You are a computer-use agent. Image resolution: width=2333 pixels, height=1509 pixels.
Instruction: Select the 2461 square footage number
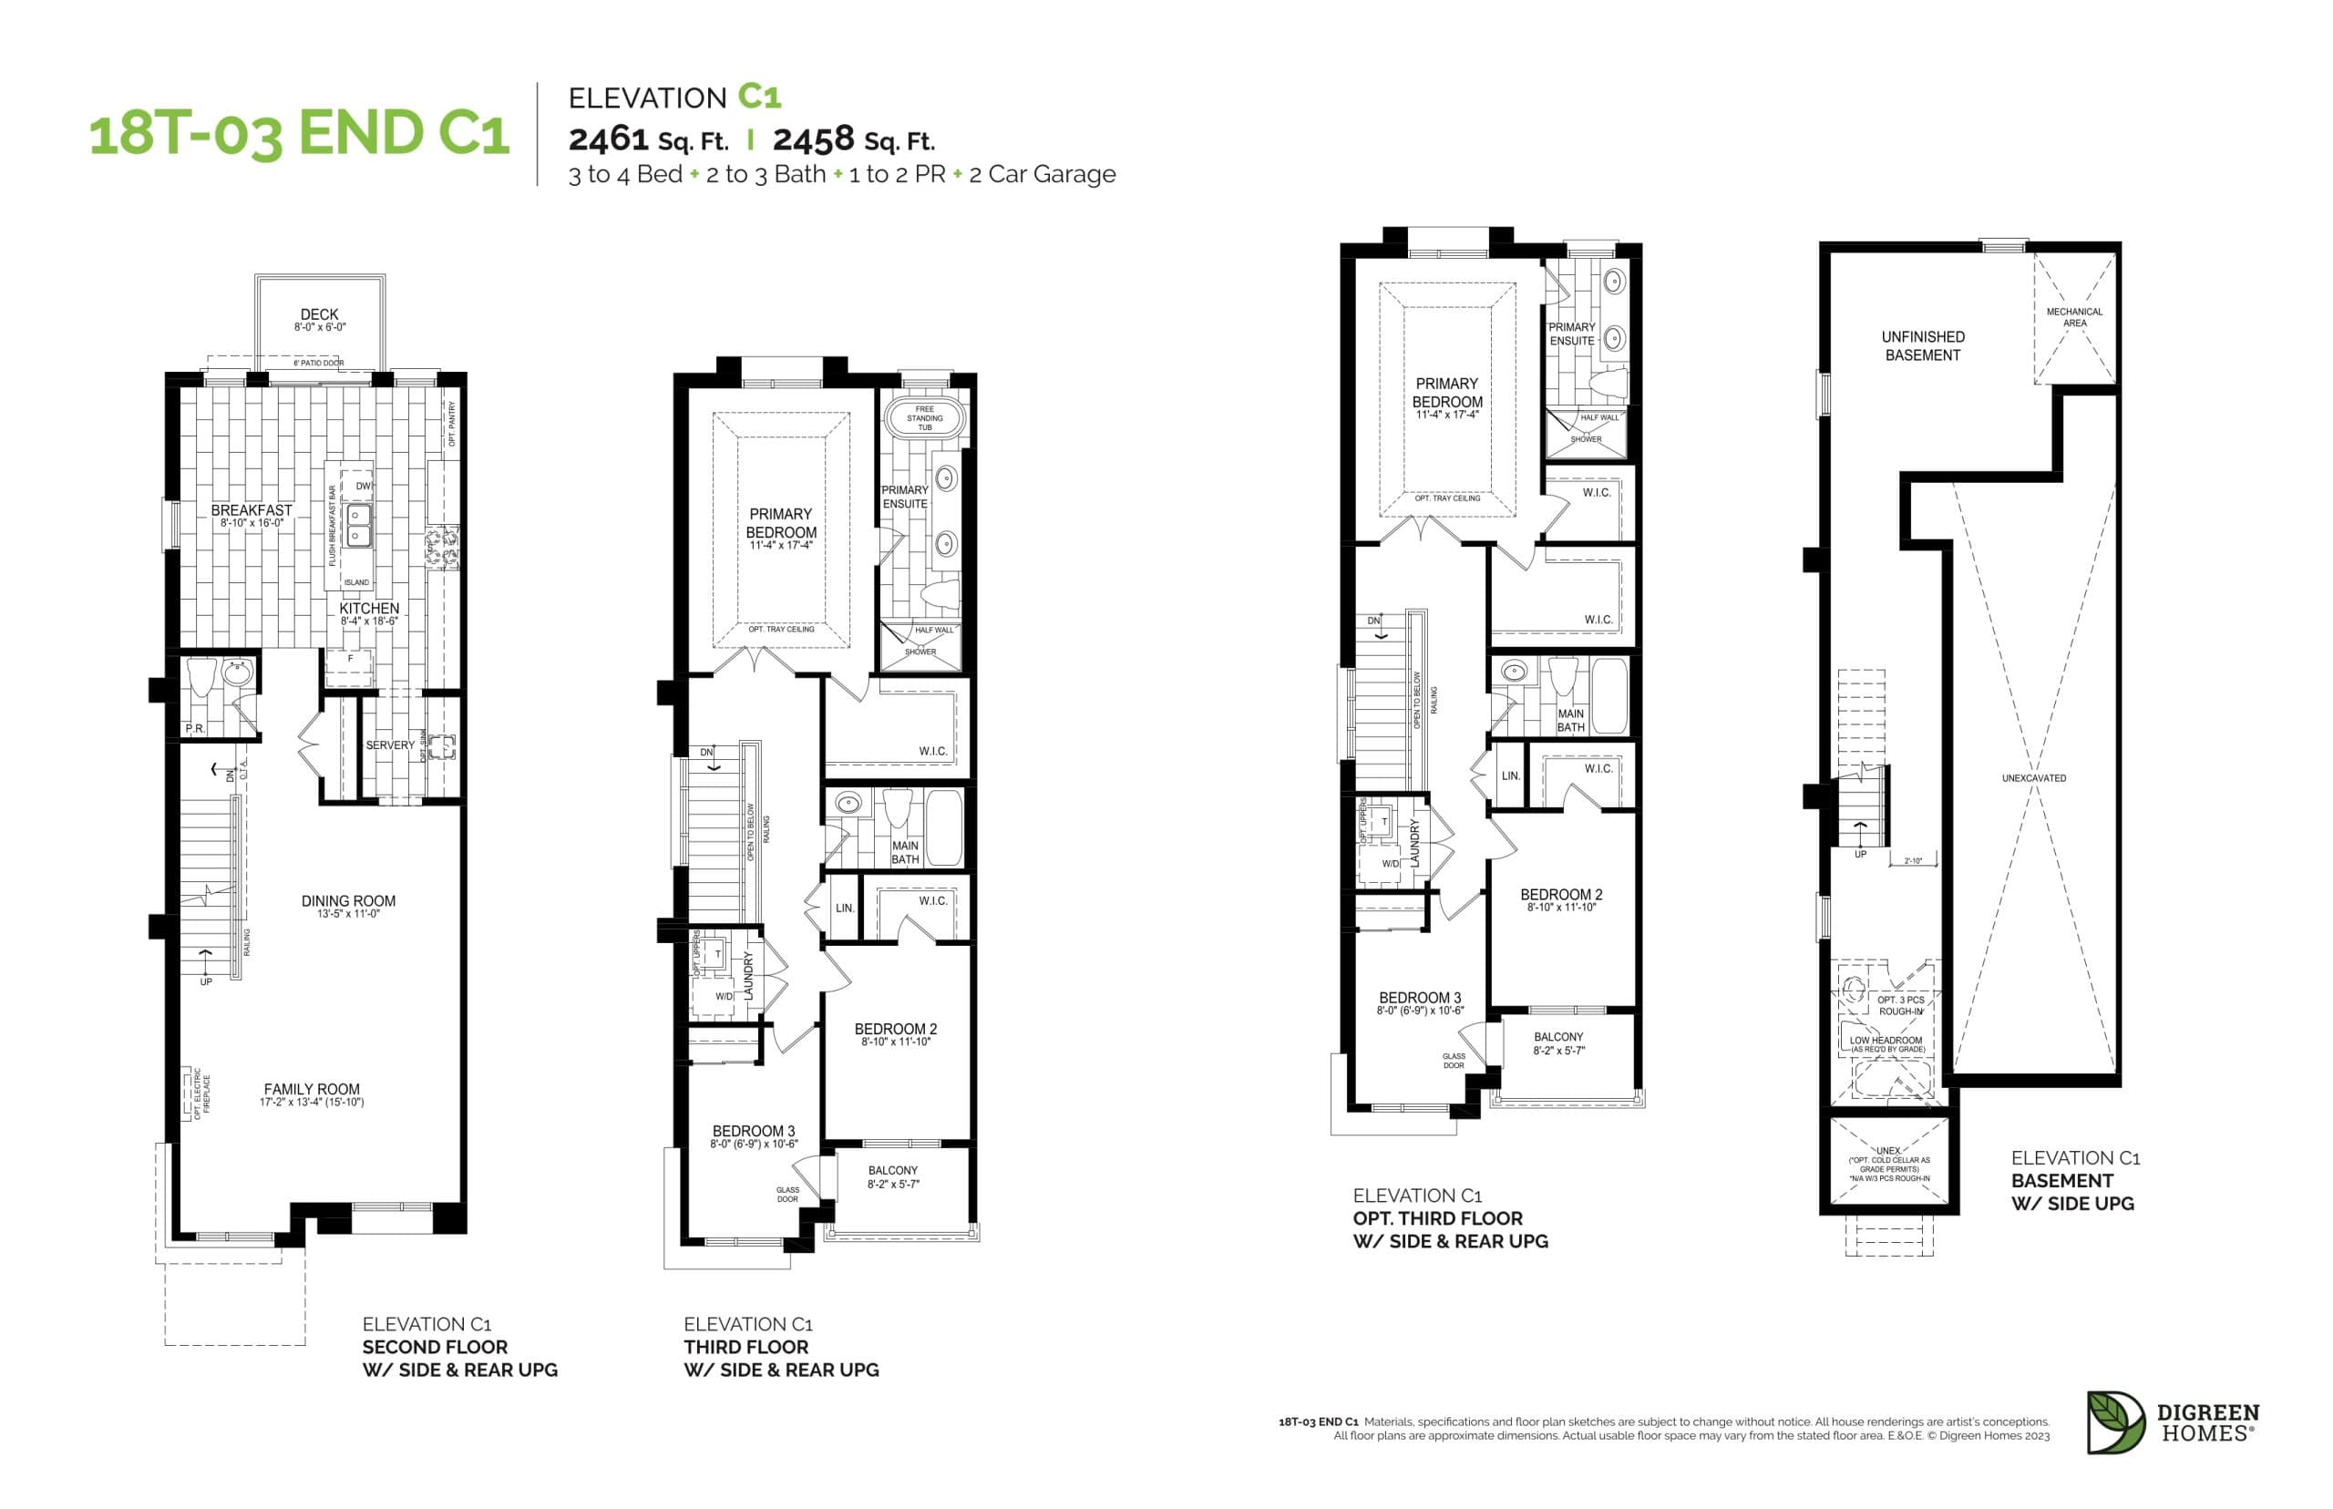(609, 139)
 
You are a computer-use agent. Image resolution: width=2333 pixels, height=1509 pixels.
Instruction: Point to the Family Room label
(312, 1089)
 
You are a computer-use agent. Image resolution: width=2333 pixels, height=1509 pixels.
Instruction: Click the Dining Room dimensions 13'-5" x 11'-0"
(348, 914)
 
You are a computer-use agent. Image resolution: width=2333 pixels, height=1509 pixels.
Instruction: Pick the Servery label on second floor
(389, 744)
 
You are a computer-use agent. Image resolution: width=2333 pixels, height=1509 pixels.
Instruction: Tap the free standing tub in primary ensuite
(924, 418)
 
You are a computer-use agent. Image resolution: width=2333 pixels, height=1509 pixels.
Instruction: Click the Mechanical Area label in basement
(2073, 316)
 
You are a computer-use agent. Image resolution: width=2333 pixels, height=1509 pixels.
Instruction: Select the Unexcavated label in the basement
(2033, 778)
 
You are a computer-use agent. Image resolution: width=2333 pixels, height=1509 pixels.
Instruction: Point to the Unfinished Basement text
(1923, 346)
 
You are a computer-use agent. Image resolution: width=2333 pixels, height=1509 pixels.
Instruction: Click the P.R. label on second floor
(195, 729)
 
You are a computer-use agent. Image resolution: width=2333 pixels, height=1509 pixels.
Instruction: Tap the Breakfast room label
(251, 510)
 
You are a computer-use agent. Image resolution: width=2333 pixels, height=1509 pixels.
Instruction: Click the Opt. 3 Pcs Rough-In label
(1900, 1005)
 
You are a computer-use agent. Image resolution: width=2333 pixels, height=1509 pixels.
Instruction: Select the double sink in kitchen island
(360, 525)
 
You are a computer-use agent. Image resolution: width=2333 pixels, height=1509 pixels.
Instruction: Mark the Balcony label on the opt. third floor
(1558, 1037)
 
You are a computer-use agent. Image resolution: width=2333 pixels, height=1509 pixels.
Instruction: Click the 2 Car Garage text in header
(1042, 174)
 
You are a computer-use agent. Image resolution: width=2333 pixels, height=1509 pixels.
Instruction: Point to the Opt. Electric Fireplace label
(201, 1093)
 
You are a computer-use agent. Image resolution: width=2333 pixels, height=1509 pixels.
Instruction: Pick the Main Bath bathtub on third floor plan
(944, 828)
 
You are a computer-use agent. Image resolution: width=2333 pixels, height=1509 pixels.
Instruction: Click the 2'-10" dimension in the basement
(1913, 861)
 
